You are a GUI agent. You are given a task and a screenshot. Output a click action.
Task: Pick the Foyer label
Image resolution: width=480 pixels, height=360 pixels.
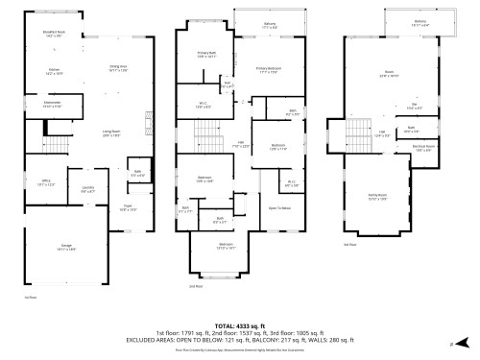(128, 207)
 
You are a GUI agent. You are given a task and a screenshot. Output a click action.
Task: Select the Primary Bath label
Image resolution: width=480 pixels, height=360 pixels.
(206, 55)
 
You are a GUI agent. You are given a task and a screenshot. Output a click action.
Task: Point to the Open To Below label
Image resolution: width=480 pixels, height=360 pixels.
(280, 208)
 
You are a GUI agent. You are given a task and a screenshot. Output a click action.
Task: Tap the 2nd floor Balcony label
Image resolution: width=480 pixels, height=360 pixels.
(270, 26)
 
